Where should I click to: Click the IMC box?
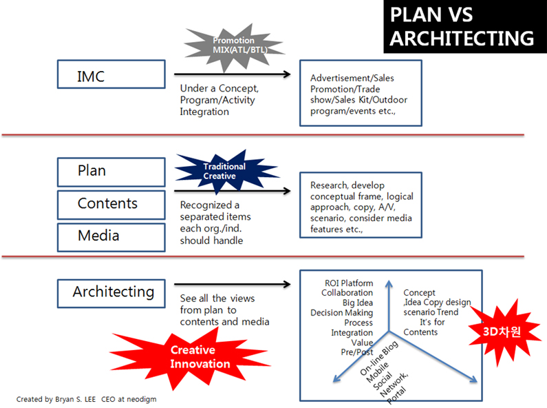coord(111,74)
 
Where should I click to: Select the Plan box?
coord(111,172)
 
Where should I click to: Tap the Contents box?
coord(111,204)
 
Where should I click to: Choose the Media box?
coord(111,236)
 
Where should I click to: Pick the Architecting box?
coord(111,292)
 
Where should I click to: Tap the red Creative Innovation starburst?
coord(200,357)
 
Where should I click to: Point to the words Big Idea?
coord(357,303)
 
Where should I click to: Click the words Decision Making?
coord(341,313)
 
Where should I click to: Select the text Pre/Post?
coord(358,353)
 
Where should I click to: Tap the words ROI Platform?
coord(349,283)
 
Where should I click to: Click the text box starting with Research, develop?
coord(361,205)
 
